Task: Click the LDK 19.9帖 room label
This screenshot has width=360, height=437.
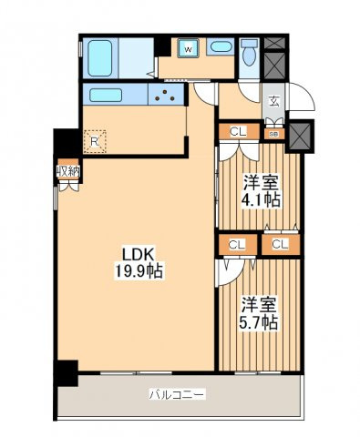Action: (139, 262)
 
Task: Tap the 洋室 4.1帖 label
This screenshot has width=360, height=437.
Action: (261, 190)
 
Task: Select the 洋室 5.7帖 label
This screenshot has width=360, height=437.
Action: (259, 313)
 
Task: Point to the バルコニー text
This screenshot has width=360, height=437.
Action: (177, 394)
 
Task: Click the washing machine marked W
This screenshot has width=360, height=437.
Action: (189, 48)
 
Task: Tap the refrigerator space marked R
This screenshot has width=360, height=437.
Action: (95, 141)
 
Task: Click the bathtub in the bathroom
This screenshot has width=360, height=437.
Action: (100, 58)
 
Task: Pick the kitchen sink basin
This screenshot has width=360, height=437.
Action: (106, 95)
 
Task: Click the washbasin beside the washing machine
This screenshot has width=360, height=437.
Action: (221, 46)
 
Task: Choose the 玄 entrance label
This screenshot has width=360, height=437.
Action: (274, 101)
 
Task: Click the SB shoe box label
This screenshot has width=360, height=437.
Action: (274, 134)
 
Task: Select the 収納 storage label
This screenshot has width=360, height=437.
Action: (68, 172)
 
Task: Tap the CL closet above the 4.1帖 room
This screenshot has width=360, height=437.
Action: (239, 131)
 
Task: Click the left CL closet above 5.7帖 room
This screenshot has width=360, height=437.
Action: (238, 245)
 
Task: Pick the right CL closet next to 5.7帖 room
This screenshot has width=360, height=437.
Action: (281, 245)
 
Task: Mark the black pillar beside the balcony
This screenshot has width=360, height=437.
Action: (67, 373)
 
